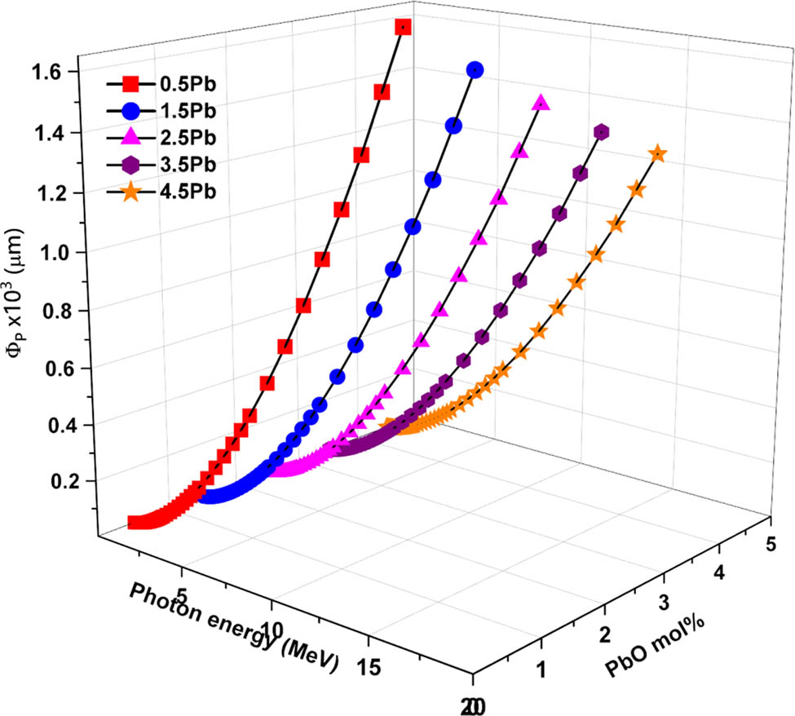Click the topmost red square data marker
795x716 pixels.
click(x=402, y=28)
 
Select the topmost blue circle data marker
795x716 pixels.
click(x=475, y=70)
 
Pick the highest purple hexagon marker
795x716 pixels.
click(x=602, y=132)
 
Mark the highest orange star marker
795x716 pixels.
click(x=657, y=154)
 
